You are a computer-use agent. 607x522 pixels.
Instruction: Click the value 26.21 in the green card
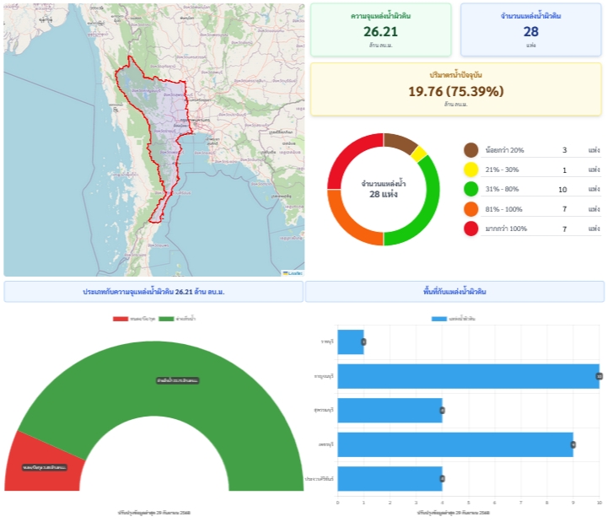coord(381,31)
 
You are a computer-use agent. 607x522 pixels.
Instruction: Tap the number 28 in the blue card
coord(531,31)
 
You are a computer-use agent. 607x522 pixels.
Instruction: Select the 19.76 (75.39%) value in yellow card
coord(456,91)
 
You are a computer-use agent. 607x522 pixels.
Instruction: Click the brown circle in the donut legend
coord(471,150)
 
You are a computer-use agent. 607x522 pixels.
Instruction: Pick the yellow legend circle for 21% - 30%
coord(471,170)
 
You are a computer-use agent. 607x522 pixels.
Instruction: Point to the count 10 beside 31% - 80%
coord(562,190)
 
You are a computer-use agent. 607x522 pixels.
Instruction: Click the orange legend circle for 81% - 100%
coord(471,209)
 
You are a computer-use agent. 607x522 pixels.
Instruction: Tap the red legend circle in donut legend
coord(471,229)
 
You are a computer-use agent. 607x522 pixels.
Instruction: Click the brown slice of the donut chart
coord(400,143)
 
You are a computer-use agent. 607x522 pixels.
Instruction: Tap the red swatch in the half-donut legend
coord(120,319)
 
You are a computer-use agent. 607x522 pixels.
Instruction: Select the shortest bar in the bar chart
coord(351,342)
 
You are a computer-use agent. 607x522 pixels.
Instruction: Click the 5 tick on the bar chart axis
coord(469,503)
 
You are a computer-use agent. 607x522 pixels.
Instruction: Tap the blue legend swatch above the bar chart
coord(438,319)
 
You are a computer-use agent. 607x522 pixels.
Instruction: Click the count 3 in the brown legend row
coord(564,150)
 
